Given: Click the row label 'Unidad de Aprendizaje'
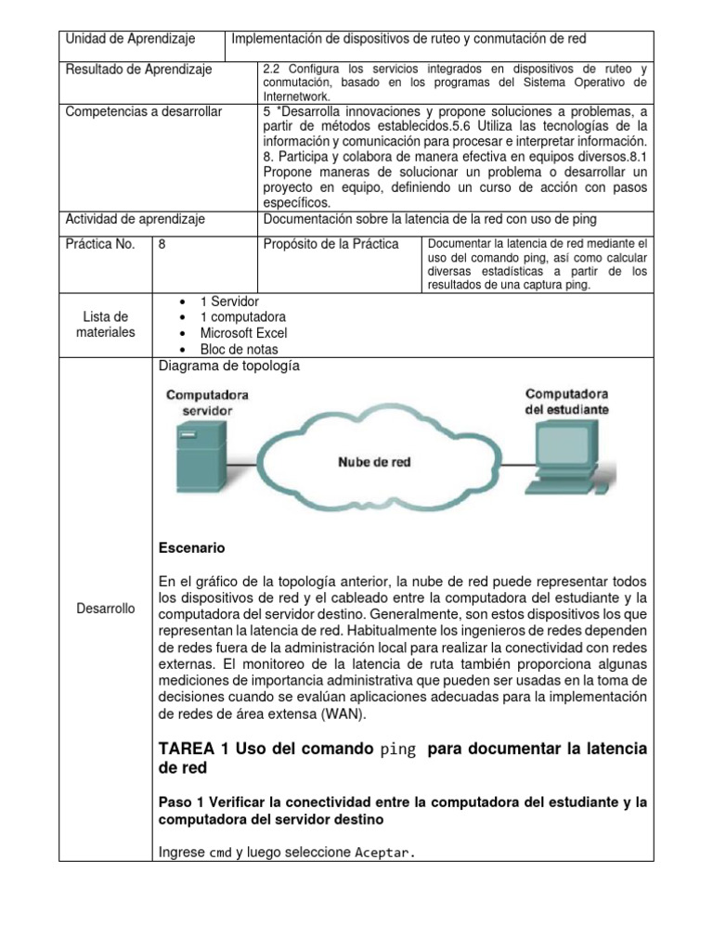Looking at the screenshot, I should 129,39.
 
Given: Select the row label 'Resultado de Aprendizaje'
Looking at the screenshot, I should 139,70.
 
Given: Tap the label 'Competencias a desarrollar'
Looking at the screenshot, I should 144,112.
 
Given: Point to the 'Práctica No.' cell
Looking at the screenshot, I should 101,244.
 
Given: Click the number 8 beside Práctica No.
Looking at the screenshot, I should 163,244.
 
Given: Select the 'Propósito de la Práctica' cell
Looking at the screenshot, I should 331,244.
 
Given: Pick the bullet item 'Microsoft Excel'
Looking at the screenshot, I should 243,333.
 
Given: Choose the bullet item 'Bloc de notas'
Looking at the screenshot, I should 238,349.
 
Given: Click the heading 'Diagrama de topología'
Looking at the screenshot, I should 229,366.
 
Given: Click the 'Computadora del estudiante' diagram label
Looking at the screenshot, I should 566,401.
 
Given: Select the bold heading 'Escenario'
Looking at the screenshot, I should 192,547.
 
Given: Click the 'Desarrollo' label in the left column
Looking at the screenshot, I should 105,609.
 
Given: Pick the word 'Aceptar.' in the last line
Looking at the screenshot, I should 385,852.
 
